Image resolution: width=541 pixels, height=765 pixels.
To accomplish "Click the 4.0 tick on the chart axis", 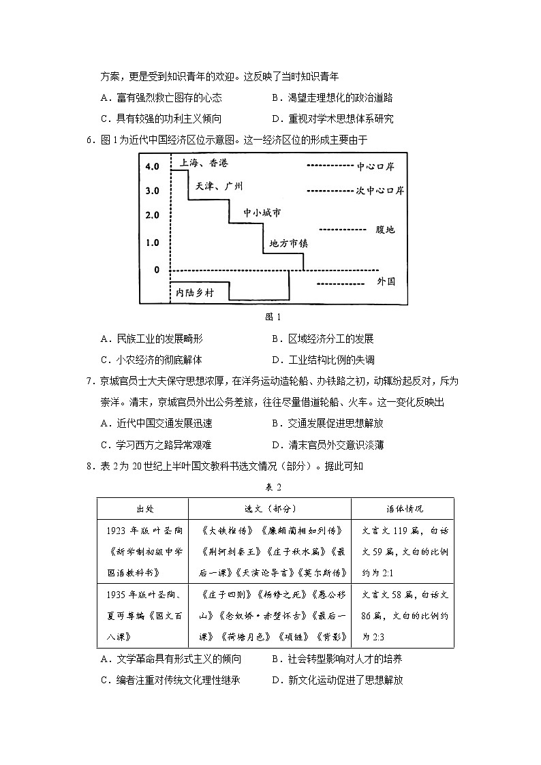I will point(151,166).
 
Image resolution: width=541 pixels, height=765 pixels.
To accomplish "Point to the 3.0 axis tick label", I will point(151,191).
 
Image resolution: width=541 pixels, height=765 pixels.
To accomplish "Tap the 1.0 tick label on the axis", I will point(151,243).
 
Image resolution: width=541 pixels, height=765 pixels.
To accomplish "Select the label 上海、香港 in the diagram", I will point(204,163).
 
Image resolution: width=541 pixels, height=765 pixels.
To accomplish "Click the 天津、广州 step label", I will point(219,186).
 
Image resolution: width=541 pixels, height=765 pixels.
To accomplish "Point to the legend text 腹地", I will point(385,230).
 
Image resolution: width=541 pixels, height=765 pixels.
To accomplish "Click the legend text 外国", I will point(386,281).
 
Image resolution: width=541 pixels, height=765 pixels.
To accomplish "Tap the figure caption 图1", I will point(272,317).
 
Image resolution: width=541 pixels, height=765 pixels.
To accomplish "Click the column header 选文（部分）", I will point(270,509).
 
